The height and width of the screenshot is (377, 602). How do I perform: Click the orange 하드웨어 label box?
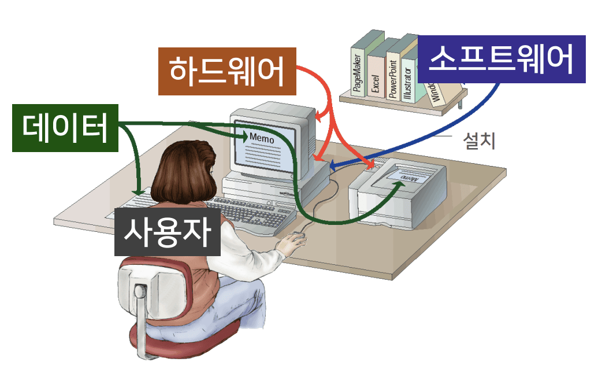[227, 71]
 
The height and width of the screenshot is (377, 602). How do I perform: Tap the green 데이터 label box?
[65, 128]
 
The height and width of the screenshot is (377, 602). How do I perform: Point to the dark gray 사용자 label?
[167, 231]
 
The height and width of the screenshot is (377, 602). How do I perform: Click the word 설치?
[480, 141]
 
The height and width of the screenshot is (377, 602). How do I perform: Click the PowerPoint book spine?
[393, 77]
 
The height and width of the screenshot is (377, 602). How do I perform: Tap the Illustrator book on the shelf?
[408, 81]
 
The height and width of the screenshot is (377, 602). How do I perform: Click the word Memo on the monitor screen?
[261, 139]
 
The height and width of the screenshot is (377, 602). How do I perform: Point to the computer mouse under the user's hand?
[297, 237]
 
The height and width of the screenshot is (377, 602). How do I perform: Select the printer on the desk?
[402, 191]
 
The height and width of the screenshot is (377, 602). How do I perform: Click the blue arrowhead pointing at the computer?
[333, 167]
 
